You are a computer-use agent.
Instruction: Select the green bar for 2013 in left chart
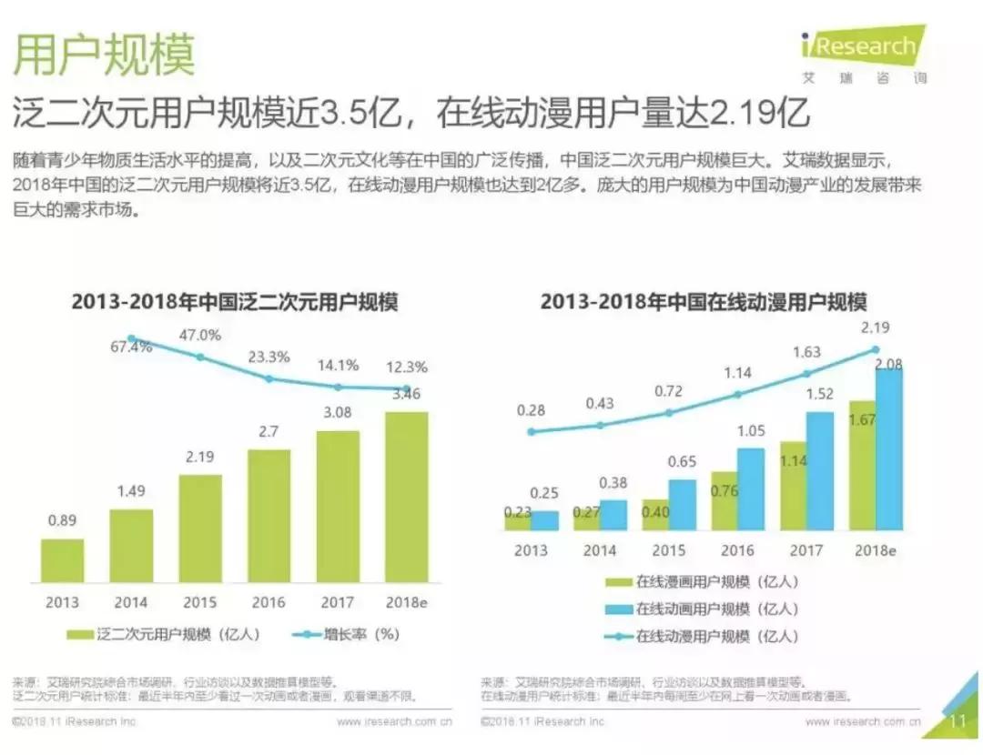pos(63,560)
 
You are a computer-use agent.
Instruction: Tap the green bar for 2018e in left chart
pos(406,497)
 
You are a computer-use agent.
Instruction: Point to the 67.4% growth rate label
pos(131,347)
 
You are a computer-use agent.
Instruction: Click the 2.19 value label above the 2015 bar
pos(200,458)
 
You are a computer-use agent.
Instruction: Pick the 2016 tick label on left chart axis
pos(268,602)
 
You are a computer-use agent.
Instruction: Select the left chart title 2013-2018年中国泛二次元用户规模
pos(235,302)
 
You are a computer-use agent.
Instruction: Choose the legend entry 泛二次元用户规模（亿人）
pos(164,634)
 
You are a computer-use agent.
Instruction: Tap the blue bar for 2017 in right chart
pos(819,470)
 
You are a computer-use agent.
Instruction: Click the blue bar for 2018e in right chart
pos(889,449)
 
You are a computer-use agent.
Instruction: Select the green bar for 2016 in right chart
pos(724,500)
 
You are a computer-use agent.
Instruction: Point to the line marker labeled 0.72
pos(669,412)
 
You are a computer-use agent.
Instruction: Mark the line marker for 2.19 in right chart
pos(876,348)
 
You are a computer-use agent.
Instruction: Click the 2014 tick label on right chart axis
pos(600,550)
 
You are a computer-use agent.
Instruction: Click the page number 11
pos(957,722)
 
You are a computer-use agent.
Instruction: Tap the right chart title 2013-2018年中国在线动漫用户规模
pos(704,302)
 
